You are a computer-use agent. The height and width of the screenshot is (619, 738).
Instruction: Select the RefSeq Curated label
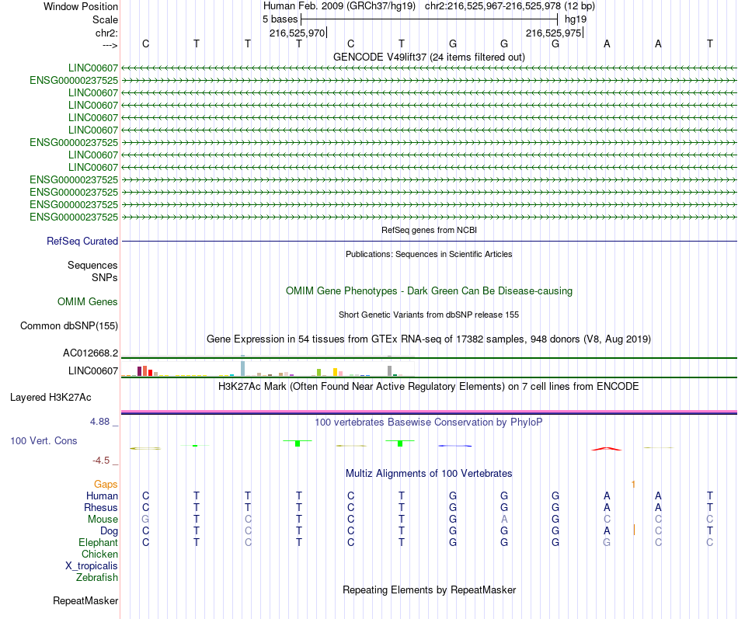click(x=82, y=242)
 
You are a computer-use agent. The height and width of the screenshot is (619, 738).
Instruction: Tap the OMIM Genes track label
click(x=88, y=301)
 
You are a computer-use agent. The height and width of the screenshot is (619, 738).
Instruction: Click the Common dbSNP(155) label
click(x=69, y=325)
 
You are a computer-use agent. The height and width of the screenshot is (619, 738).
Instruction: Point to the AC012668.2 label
click(x=90, y=353)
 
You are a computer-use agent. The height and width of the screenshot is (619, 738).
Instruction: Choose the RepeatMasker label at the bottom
click(x=85, y=600)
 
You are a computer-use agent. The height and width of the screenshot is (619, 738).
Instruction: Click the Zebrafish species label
click(x=97, y=577)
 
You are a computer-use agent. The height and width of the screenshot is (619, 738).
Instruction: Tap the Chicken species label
click(x=100, y=555)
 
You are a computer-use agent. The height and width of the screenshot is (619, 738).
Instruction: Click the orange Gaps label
click(x=106, y=484)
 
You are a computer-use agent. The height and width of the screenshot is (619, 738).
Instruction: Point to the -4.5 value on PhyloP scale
click(x=104, y=460)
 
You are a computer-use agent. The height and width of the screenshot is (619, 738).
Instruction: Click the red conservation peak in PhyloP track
click(x=607, y=448)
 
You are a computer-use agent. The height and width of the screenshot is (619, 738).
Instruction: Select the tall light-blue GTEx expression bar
click(x=242, y=367)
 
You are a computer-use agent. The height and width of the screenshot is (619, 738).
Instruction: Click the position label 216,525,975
click(x=553, y=33)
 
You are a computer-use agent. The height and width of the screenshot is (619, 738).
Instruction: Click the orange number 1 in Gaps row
click(x=633, y=484)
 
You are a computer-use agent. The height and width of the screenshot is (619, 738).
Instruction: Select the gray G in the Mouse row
click(x=144, y=519)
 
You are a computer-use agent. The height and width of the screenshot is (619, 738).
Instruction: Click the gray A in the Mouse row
click(x=504, y=519)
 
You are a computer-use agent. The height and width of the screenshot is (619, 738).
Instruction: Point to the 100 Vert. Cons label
click(x=44, y=440)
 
